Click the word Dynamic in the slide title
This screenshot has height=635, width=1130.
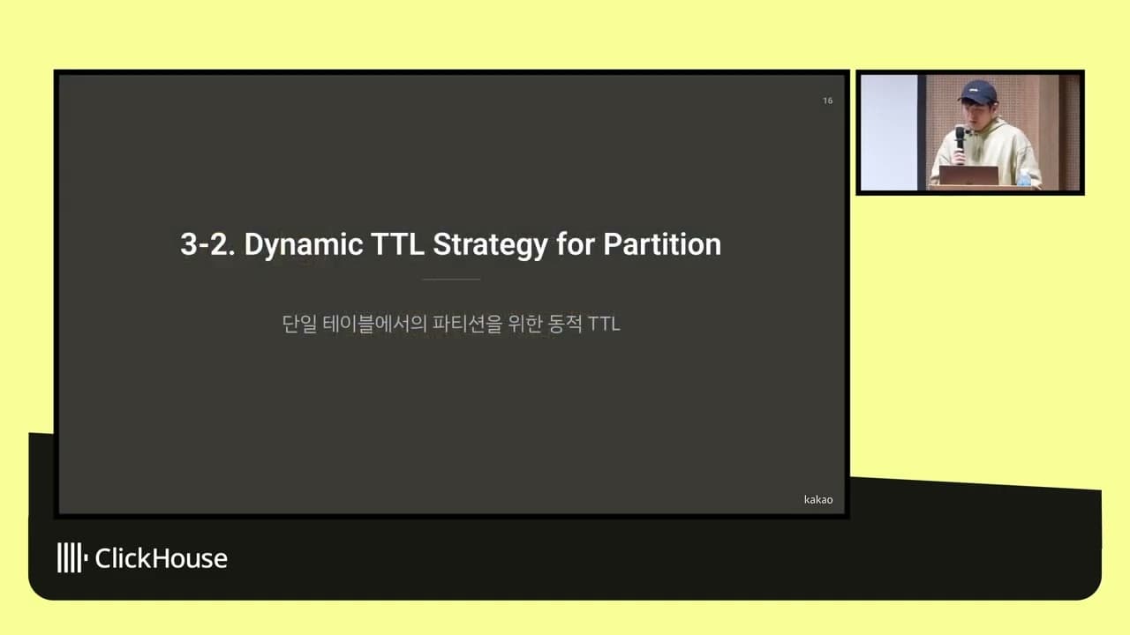point(304,245)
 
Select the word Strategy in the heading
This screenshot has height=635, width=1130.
point(490,245)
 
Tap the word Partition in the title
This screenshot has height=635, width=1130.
point(662,244)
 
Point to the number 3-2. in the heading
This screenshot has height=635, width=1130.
point(207,245)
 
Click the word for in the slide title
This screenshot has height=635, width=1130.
point(576,244)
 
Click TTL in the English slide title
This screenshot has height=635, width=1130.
point(397,244)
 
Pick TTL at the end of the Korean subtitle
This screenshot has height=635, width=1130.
point(604,324)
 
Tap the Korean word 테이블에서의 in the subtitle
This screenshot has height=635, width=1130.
point(374,324)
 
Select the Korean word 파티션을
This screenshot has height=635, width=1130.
point(468,324)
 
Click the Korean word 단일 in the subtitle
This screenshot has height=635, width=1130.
point(299,324)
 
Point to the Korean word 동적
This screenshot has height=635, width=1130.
point(564,324)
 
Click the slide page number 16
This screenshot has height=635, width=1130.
point(828,101)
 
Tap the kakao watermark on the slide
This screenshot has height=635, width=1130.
point(818,499)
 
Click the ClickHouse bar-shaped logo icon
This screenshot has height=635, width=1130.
point(72,557)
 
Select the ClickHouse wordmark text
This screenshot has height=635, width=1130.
point(161,558)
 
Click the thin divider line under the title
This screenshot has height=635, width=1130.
point(451,280)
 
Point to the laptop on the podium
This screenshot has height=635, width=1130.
point(968,176)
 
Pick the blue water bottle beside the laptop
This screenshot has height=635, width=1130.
point(1024,178)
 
